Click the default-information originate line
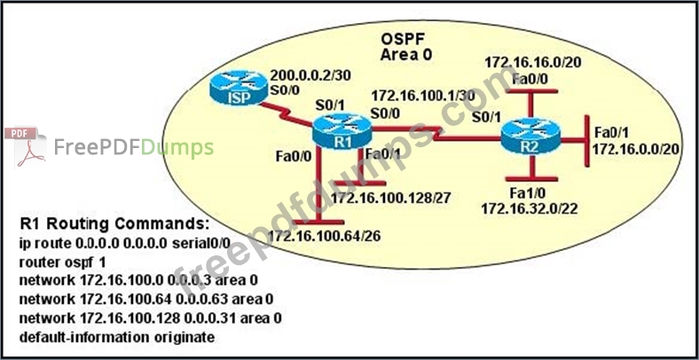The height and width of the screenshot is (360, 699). (x=115, y=338)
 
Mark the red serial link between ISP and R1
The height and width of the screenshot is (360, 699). (x=288, y=116)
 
